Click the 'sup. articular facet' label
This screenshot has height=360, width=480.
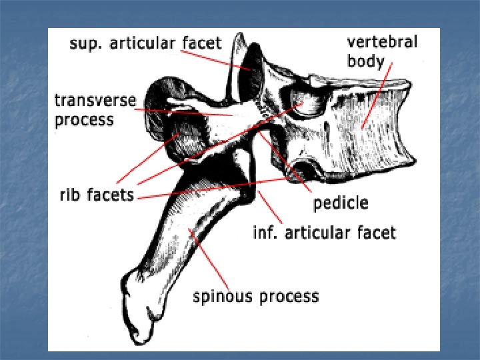pyautogui.click(x=145, y=43)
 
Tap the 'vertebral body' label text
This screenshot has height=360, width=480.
pyautogui.click(x=381, y=52)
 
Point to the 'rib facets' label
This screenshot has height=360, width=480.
pyautogui.click(x=94, y=195)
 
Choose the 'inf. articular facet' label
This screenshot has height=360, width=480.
pyautogui.click(x=324, y=233)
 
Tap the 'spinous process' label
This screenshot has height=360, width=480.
pyautogui.click(x=256, y=296)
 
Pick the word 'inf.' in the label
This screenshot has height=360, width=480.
pyautogui.click(x=265, y=233)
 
